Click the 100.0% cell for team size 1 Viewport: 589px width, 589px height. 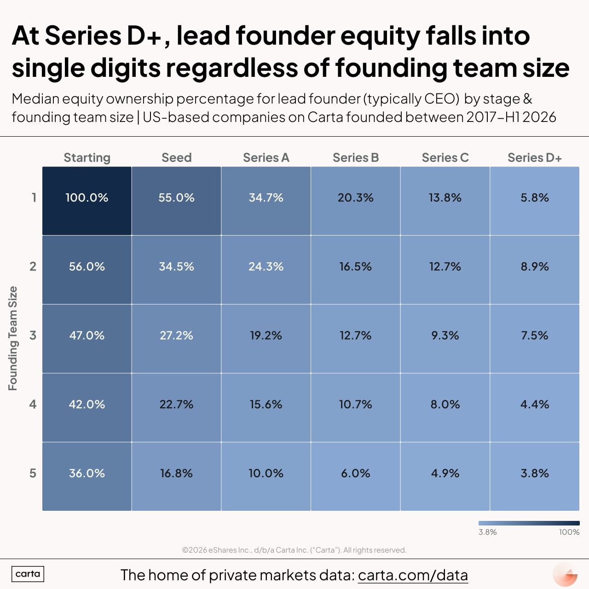coord(87,201)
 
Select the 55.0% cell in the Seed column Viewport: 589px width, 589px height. coord(176,201)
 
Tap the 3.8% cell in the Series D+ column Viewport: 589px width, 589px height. coord(535,476)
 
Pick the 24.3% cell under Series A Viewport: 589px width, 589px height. coord(266,270)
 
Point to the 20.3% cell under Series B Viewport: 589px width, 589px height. coord(356,201)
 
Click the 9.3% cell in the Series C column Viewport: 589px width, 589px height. coord(445,339)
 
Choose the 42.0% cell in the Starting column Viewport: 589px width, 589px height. coord(87,407)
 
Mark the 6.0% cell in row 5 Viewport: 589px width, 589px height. coord(356,476)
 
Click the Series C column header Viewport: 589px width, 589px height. coord(445,158)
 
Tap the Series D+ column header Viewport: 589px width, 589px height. coord(535,158)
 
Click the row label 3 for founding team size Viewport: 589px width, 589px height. coord(33,335)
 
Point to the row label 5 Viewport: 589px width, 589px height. coord(33,473)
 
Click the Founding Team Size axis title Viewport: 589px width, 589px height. coord(13,338)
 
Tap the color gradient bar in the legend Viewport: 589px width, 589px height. coord(529,523)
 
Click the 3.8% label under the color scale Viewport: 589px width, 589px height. coord(487,532)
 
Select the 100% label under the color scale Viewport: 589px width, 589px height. coord(569,532)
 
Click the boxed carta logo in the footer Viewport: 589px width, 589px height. coord(28,574)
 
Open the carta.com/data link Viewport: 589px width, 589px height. coord(413,575)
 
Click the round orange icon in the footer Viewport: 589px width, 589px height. coord(565,574)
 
